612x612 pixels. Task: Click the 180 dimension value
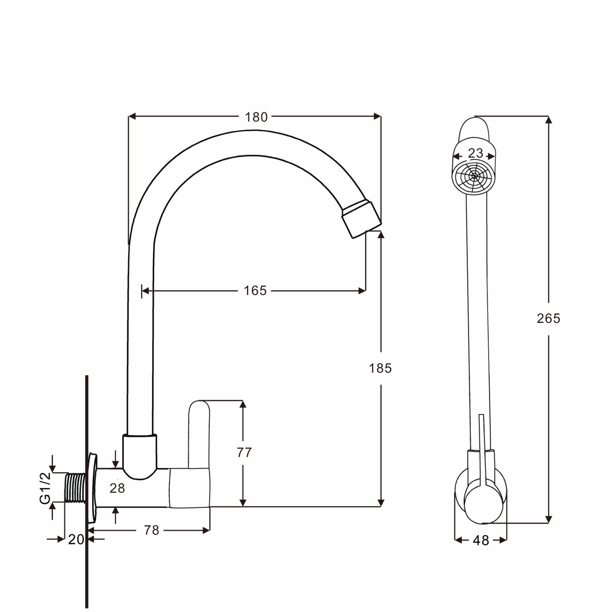point(256,117)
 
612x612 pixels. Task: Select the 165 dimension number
point(255,291)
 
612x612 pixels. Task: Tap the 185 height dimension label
point(380,368)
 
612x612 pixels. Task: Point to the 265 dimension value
point(548,318)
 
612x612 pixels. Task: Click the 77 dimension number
point(244,453)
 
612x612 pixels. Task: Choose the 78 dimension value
point(151,530)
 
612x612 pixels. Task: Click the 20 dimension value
point(76,540)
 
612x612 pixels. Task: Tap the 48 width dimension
point(481,541)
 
